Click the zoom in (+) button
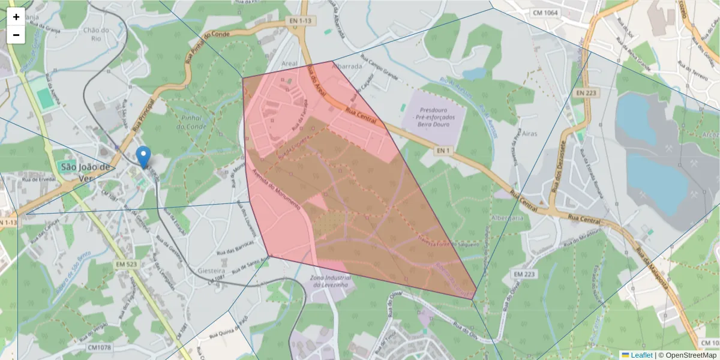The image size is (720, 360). pyautogui.click(x=16, y=17)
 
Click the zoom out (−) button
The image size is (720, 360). pyautogui.click(x=16, y=35)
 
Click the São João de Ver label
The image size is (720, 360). pyautogui.click(x=84, y=172)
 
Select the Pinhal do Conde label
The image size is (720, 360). pyautogui.click(x=191, y=122)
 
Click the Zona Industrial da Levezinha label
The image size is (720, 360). pyautogui.click(x=329, y=283)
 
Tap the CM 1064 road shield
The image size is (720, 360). pyautogui.click(x=545, y=12)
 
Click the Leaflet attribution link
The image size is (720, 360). pyautogui.click(x=641, y=355)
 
